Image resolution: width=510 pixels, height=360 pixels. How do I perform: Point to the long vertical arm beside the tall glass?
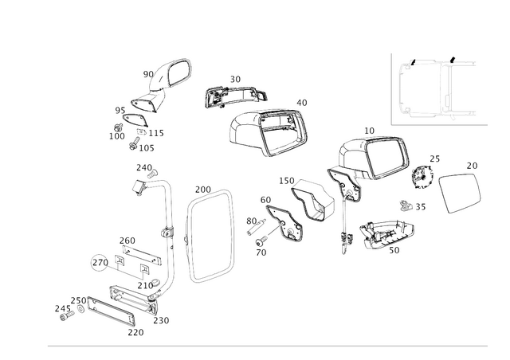click(x=170, y=231)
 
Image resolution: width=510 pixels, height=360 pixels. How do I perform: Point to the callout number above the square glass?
click(x=471, y=165)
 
